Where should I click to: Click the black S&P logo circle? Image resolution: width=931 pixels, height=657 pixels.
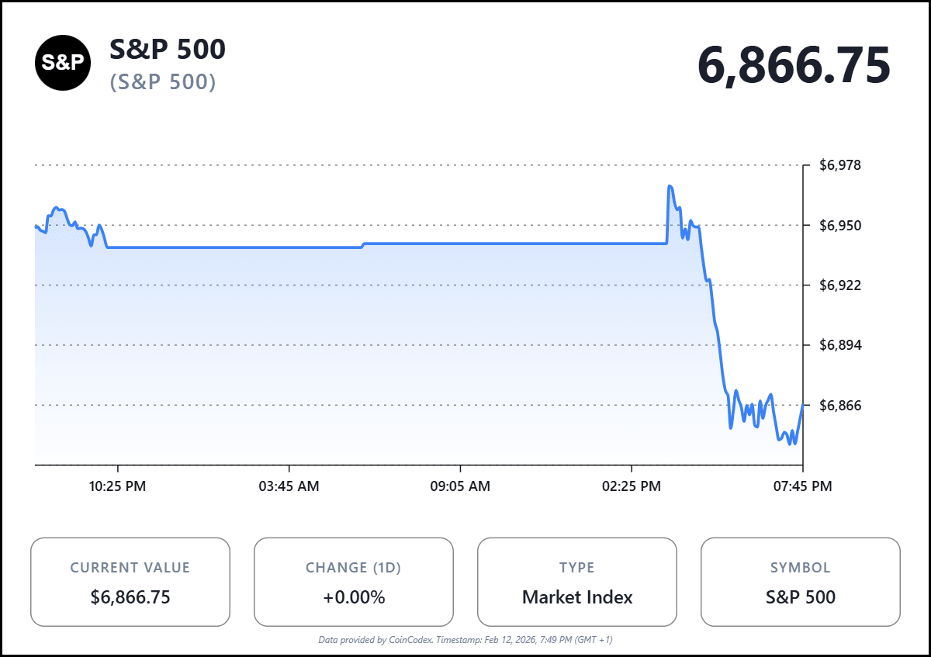[x=63, y=64]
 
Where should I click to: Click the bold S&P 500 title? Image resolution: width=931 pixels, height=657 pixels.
[x=168, y=50]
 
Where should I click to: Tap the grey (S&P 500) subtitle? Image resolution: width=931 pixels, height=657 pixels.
[x=163, y=81]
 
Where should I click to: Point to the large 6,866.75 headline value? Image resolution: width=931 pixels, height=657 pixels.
[x=794, y=65]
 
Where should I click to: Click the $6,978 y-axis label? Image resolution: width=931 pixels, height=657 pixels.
[x=840, y=165]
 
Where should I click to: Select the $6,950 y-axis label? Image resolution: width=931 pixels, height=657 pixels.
[x=840, y=226]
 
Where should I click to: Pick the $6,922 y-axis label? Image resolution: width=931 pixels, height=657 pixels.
[x=840, y=285]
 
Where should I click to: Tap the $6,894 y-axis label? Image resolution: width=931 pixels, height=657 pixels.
[x=840, y=345]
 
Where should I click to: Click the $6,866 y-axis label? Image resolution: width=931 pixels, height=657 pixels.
[x=840, y=406]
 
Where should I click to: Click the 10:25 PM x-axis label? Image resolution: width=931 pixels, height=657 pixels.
[x=117, y=486]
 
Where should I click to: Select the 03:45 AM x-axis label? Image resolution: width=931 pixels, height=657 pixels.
[x=289, y=486]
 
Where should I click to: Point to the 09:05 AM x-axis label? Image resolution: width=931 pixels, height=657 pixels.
[x=460, y=486]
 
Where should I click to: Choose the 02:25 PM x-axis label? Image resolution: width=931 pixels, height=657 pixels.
[x=632, y=486]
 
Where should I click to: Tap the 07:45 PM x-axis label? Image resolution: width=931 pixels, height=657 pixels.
[x=802, y=486]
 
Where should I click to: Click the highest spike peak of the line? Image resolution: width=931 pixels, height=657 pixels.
[x=670, y=186]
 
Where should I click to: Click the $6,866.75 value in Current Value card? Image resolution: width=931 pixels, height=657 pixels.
[x=130, y=597]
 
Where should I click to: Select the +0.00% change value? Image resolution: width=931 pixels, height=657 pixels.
[x=354, y=597]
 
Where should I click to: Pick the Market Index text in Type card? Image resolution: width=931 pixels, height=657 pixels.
[x=577, y=597]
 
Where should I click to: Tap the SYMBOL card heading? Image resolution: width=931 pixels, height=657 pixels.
[x=801, y=568]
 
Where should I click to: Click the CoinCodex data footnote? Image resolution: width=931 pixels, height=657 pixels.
[x=465, y=640]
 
